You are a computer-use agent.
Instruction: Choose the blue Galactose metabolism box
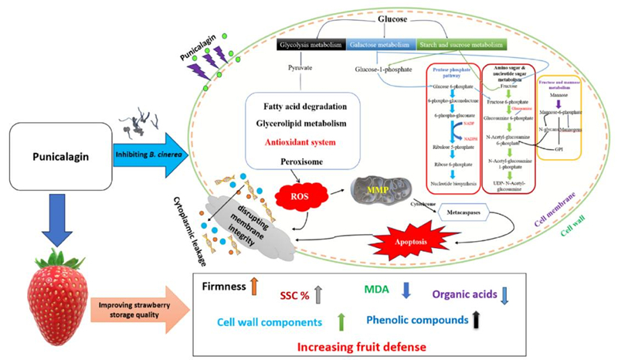(x=381, y=46)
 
